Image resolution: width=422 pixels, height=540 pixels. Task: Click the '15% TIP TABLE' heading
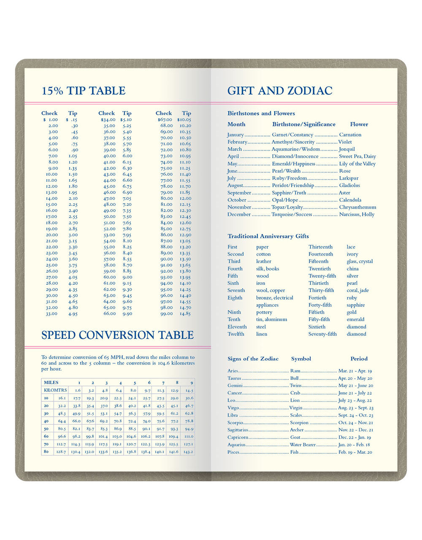pyautogui.click(x=84, y=91)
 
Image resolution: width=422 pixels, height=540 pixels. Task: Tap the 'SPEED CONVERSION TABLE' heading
pyautogui.click(x=117, y=335)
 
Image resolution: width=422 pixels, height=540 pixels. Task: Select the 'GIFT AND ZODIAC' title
pyautogui.click(x=280, y=91)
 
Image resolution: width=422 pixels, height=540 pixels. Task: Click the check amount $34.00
pyautogui.click(x=108, y=120)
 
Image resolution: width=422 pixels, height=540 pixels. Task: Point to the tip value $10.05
pyautogui.click(x=184, y=120)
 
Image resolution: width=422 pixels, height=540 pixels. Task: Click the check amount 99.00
pyautogui.click(x=166, y=314)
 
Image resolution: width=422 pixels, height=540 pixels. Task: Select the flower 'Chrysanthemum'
pyautogui.click(x=357, y=207)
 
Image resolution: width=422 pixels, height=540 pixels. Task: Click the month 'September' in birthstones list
pyautogui.click(x=239, y=193)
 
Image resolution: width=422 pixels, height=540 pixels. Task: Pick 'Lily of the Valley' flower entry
pyautogui.click(x=357, y=164)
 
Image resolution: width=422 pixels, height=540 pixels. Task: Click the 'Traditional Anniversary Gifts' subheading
pyautogui.click(x=268, y=236)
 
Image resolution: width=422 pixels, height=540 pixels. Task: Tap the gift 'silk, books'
pyautogui.click(x=268, y=269)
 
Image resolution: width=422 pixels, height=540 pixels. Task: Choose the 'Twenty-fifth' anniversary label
pyautogui.click(x=322, y=276)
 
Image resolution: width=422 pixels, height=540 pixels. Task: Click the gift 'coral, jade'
pyautogui.click(x=357, y=290)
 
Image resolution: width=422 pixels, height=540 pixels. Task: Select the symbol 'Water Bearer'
pyautogui.click(x=303, y=445)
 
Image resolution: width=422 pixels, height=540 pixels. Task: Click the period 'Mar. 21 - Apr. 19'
pyautogui.click(x=355, y=371)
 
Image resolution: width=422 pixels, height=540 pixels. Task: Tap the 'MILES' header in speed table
pyautogui.click(x=51, y=382)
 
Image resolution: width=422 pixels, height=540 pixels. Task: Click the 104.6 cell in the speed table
pyautogui.click(x=131, y=436)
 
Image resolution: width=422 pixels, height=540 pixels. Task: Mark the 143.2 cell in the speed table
pyautogui.click(x=189, y=452)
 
